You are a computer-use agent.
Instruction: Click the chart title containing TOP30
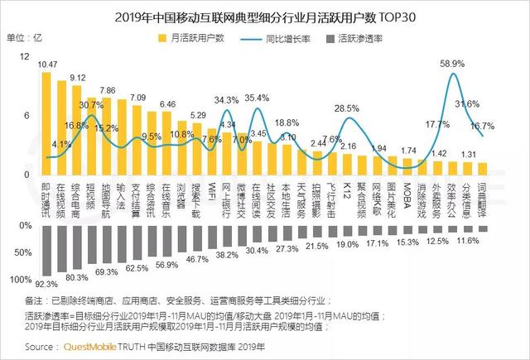pyautogui.click(x=265, y=15)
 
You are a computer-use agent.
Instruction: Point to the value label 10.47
pyautogui.click(x=48, y=64)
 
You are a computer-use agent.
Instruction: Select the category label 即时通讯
pyautogui.click(x=46, y=195)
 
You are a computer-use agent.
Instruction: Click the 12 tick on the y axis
pyautogui.click(x=24, y=56)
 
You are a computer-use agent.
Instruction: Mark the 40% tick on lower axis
pyautogui.click(x=23, y=251)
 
